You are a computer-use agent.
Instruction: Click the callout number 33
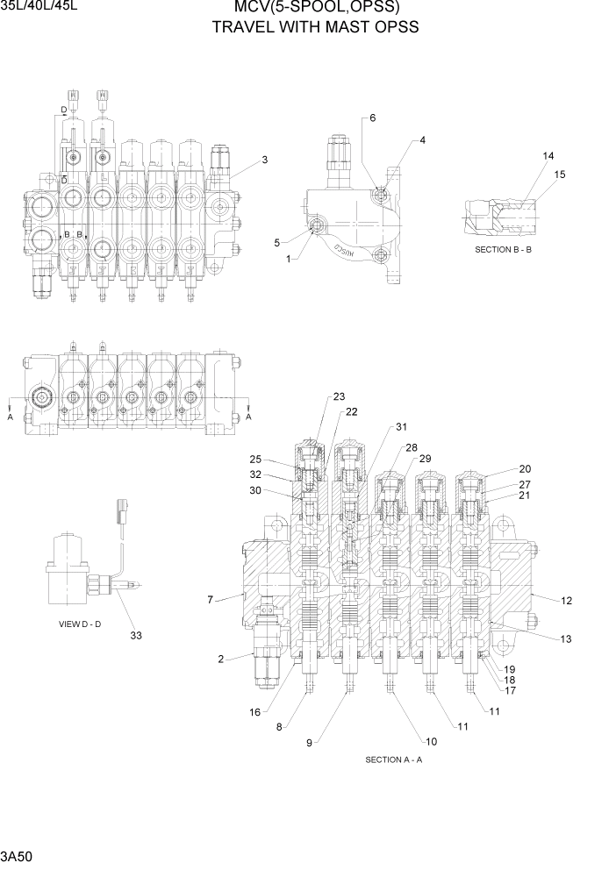[x=135, y=636]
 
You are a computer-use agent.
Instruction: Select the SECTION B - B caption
[x=510, y=250]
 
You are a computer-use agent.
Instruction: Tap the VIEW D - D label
[x=81, y=624]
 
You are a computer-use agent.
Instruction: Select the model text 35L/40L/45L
[x=36, y=9]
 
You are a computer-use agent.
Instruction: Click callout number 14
[x=548, y=156]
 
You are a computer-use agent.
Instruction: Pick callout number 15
[x=559, y=175]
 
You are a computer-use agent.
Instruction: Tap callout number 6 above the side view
[x=372, y=118]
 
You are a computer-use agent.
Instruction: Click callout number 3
[x=264, y=160]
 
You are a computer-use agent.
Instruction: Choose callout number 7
[x=211, y=600]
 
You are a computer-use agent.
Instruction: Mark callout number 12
[x=566, y=601]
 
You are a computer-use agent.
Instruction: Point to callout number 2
[x=221, y=658]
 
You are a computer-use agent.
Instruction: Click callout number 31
[x=401, y=427]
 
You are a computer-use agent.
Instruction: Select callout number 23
[x=339, y=396]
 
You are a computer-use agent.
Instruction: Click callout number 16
[x=254, y=712]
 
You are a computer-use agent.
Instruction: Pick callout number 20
[x=525, y=469]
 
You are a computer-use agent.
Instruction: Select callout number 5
[x=276, y=243]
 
